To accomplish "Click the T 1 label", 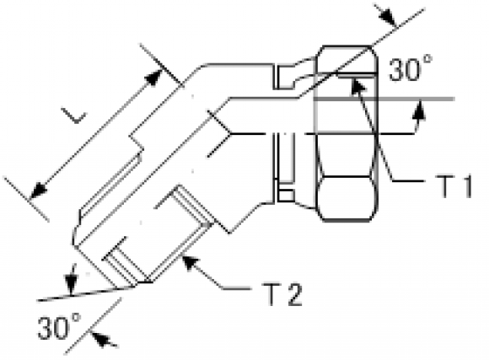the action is (x=453, y=186).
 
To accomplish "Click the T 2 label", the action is (x=282, y=294).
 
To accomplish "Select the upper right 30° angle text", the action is (x=411, y=68).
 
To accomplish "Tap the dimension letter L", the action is (x=74, y=116).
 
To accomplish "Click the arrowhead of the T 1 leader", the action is (x=358, y=85).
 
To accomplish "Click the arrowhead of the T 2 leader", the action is (x=190, y=263).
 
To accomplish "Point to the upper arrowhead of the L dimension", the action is (x=154, y=78).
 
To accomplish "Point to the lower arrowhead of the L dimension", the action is (x=38, y=190).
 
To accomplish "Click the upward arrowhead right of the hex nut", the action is (x=419, y=110).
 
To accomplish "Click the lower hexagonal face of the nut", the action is (x=347, y=197).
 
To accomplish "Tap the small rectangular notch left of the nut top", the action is (x=284, y=77).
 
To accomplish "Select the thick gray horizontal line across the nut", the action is (x=384, y=99).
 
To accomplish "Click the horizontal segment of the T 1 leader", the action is (x=408, y=180).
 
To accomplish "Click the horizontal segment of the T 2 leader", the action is (x=236, y=288).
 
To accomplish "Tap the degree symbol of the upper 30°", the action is (x=428, y=59).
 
